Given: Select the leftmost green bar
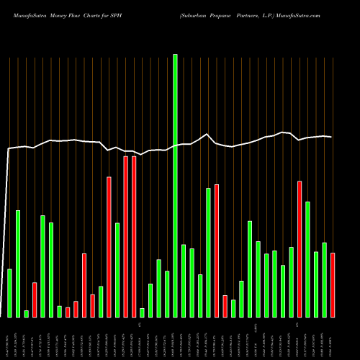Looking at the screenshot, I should point(9,293).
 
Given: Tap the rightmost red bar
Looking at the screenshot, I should point(333,285).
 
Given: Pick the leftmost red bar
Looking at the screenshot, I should point(35,300).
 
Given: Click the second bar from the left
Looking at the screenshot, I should point(18,264).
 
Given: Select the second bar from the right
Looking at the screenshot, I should point(324,280).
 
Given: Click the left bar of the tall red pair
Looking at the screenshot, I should point(125,237).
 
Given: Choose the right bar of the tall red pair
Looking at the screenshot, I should point(134,237).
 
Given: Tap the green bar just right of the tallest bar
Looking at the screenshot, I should point(184,281).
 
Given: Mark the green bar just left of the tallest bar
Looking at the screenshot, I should point(167,294).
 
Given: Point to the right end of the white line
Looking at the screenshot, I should point(331,137).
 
